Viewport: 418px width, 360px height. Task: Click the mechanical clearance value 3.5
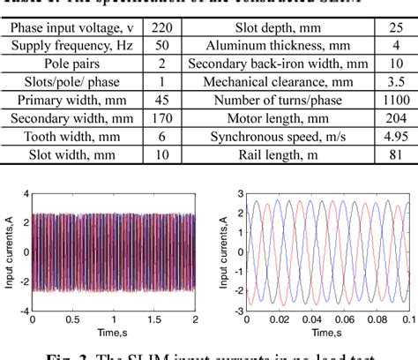[x=392, y=94]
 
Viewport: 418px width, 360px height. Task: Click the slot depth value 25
[x=392, y=29]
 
